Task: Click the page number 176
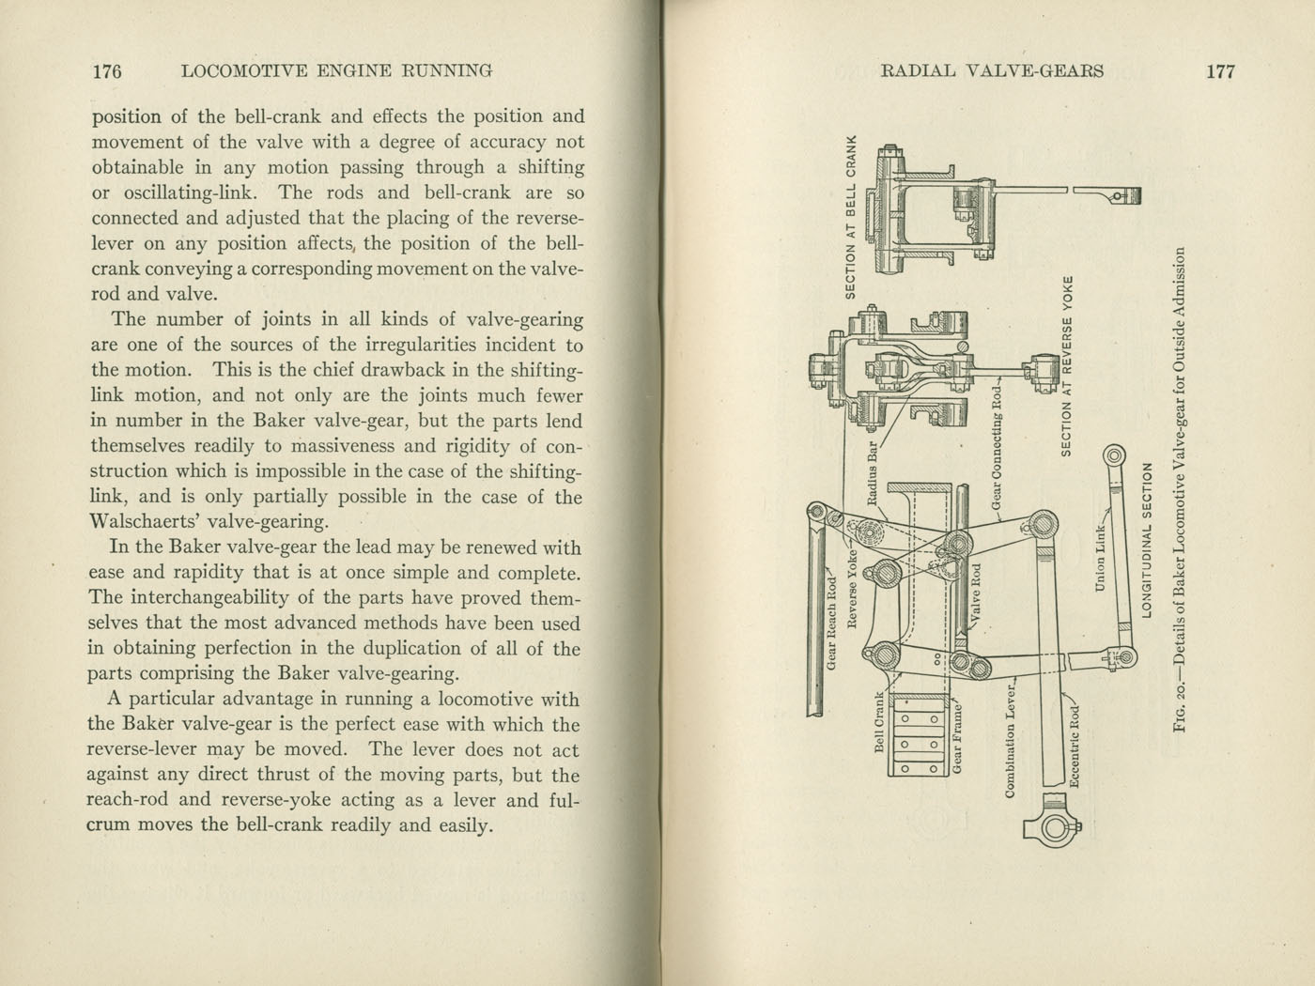pos(107,71)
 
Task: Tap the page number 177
pos(1219,71)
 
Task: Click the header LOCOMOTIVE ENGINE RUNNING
pos(336,71)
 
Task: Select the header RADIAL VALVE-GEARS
pos(992,71)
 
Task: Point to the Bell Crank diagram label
pos(881,722)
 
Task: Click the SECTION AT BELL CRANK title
pos(852,217)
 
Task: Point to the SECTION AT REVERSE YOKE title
pos(1066,366)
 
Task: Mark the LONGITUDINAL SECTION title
pos(1146,540)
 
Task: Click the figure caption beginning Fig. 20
pos(1181,488)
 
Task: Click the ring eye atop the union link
pos(1112,456)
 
